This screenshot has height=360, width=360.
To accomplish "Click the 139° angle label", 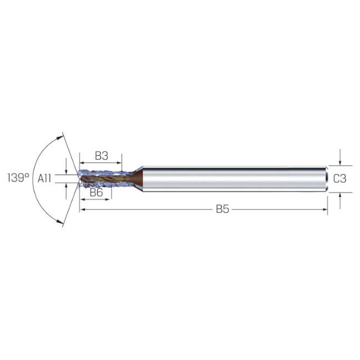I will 18,178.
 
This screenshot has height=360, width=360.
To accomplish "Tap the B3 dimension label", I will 101,155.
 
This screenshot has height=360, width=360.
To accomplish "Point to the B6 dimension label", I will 96,193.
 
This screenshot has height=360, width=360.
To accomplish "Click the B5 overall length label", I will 221,209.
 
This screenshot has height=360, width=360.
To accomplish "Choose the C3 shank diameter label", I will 340,178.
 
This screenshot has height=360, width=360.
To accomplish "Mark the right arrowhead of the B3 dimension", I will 119,163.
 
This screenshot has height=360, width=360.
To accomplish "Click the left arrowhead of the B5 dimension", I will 83,209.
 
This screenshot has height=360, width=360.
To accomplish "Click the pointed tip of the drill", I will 79,178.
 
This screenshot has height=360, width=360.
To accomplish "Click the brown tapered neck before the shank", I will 137,179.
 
